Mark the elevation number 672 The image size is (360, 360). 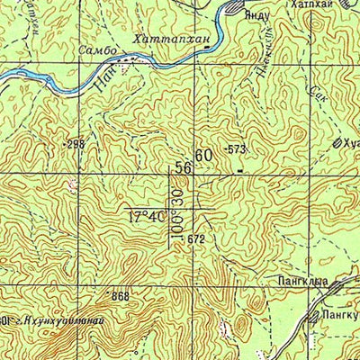tap(197, 239)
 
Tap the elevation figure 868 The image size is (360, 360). tap(117, 296)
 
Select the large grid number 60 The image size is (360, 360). tap(204, 156)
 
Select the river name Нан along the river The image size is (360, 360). tap(100, 85)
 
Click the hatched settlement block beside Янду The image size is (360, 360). tap(233, 8)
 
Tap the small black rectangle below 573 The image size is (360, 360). tap(239, 167)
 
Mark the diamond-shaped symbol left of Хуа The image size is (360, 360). tap(337, 142)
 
